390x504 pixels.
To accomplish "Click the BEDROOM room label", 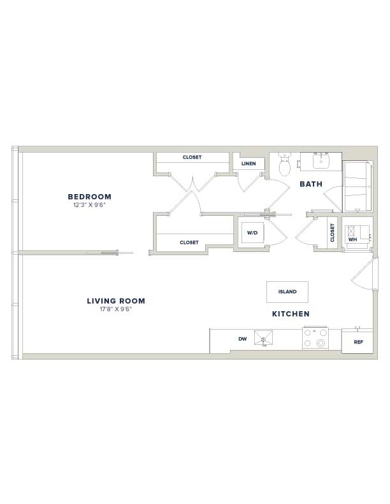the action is pyautogui.click(x=89, y=197).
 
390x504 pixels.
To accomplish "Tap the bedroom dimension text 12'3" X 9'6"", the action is pyautogui.click(x=89, y=205).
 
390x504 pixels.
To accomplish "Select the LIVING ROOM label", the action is pyautogui.click(x=116, y=301).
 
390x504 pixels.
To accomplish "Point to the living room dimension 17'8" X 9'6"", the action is pyautogui.click(x=116, y=309).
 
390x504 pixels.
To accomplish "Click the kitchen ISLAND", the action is pyautogui.click(x=287, y=292).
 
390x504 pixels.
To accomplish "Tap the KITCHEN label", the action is pyautogui.click(x=291, y=314).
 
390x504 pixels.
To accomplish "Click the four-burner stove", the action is pyautogui.click(x=315, y=338).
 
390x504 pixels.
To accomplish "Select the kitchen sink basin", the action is pyautogui.click(x=263, y=338).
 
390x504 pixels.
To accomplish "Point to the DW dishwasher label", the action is pyautogui.click(x=243, y=339).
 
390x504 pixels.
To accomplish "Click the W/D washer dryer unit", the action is pyautogui.click(x=252, y=233).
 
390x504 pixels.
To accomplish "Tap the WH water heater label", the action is pyautogui.click(x=352, y=239).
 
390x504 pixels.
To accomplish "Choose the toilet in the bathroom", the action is pyautogui.click(x=284, y=164).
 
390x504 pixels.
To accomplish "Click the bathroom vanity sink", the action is pyautogui.click(x=321, y=161).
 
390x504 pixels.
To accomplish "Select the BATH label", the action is pyautogui.click(x=311, y=184).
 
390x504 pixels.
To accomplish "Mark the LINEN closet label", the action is pyautogui.click(x=249, y=164).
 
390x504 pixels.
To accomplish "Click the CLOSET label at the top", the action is pyautogui.click(x=192, y=157).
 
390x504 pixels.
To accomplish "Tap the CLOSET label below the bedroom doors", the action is pyautogui.click(x=189, y=242).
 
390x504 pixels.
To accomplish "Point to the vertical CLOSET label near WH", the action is pyautogui.click(x=333, y=233).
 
